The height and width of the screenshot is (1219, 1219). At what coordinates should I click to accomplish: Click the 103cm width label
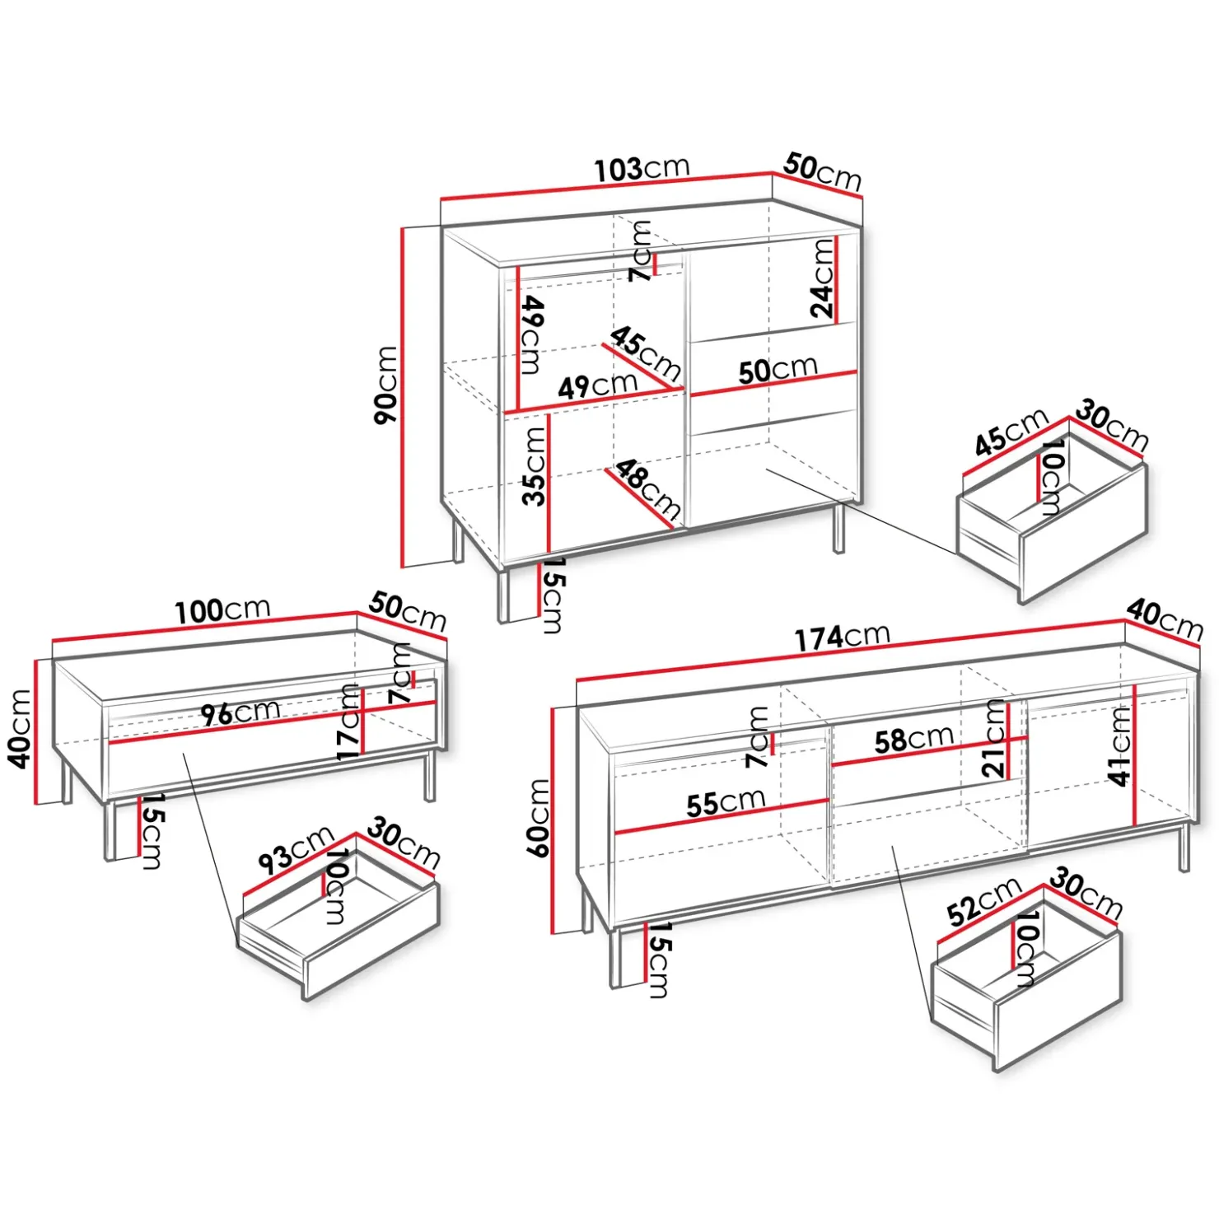642,169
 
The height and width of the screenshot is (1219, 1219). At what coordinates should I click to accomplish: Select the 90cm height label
386,385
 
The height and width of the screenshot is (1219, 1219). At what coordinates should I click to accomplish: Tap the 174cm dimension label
842,637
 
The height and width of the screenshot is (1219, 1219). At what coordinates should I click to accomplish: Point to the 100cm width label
222,610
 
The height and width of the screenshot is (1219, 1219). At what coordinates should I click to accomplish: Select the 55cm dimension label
726,802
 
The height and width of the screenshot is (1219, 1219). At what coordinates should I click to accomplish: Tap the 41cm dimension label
1120,746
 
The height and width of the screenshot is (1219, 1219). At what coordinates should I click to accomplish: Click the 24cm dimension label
823,278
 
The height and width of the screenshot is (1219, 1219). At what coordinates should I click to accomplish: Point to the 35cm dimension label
535,466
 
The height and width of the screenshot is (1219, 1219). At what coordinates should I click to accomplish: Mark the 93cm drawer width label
296,850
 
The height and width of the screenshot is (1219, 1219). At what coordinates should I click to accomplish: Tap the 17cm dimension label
349,722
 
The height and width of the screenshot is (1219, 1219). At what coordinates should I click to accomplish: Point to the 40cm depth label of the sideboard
1165,619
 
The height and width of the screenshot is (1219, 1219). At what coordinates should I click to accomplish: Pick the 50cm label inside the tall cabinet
778,370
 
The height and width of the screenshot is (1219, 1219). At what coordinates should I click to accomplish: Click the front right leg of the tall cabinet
838,528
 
